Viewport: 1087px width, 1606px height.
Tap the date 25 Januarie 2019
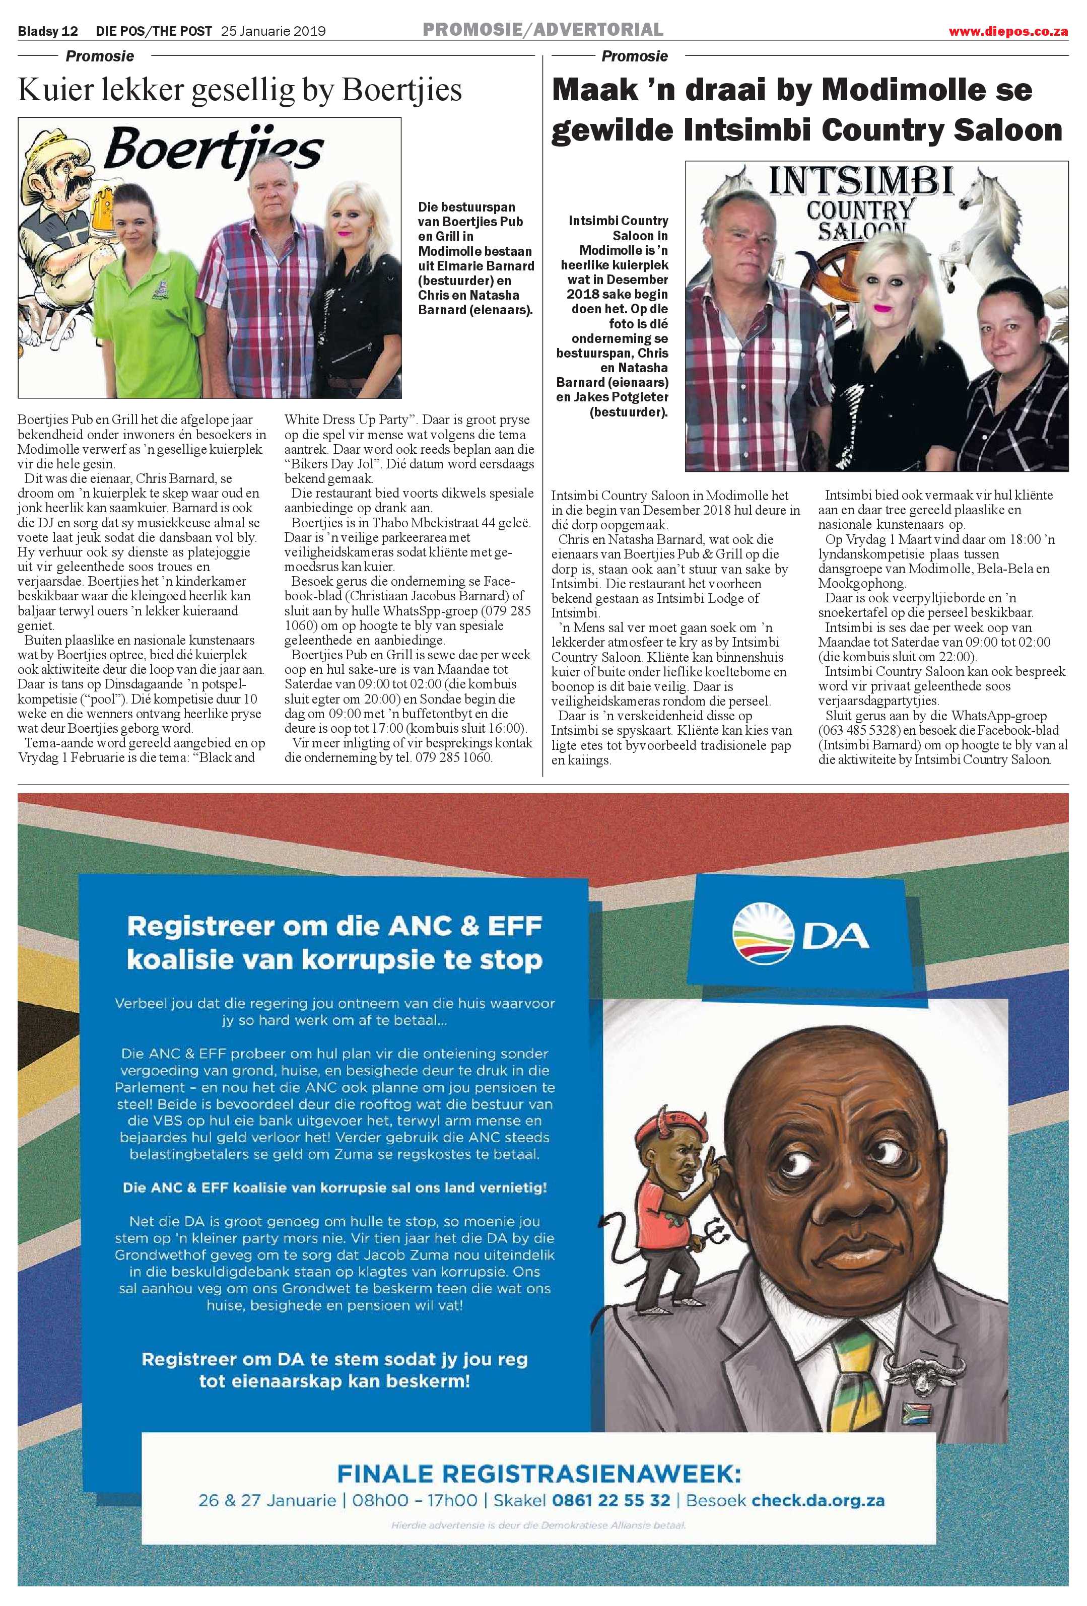pyautogui.click(x=273, y=31)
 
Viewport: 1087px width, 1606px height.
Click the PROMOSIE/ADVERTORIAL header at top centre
pyautogui.click(x=542, y=30)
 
